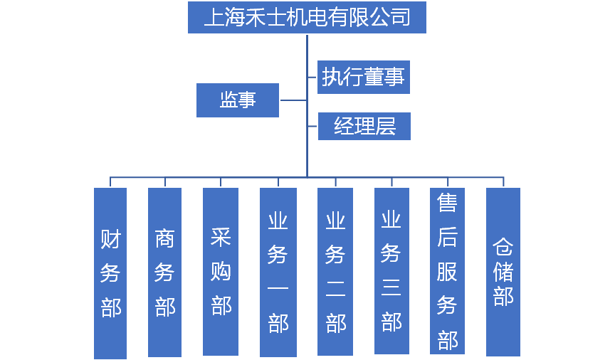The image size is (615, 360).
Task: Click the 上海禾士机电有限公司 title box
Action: click(307, 17)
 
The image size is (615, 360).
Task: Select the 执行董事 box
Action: click(364, 76)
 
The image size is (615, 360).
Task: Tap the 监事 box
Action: click(238, 100)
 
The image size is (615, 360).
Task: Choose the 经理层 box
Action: click(364, 126)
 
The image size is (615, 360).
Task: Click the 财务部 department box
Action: click(110, 272)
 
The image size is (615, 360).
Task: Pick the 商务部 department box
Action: click(164, 272)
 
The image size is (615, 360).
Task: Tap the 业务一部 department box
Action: click(278, 272)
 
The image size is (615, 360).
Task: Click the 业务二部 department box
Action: click(335, 272)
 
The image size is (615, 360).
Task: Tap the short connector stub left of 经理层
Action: click(312, 126)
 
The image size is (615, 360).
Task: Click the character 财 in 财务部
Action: click(110, 239)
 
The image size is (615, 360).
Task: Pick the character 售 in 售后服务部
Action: click(447, 203)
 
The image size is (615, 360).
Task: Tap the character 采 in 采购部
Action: click(221, 238)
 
